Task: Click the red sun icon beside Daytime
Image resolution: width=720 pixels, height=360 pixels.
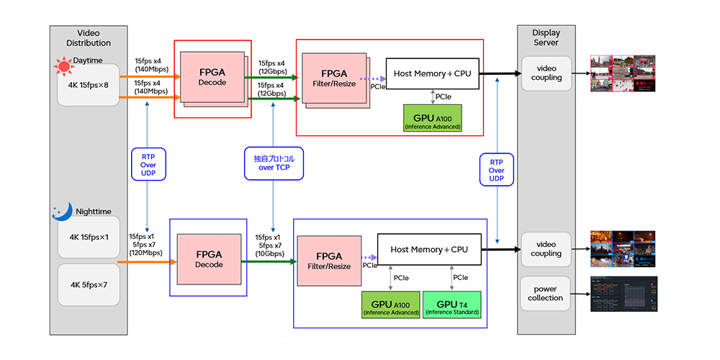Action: [x=64, y=68]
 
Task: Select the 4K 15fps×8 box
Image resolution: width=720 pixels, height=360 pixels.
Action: [x=88, y=84]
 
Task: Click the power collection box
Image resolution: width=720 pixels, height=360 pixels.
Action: [x=546, y=294]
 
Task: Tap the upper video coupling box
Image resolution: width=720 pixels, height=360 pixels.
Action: [x=546, y=73]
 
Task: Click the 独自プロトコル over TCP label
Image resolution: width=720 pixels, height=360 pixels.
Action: [x=274, y=163]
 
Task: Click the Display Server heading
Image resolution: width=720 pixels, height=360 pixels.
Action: [x=546, y=38]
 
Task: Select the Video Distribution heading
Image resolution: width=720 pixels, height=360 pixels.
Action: [x=89, y=38]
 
